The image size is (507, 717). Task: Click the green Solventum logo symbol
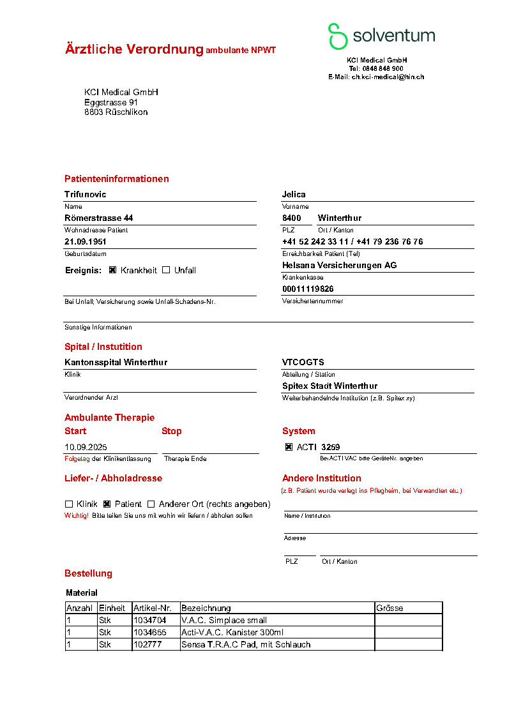337,36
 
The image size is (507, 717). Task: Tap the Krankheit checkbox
112,270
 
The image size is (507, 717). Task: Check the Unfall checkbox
166,270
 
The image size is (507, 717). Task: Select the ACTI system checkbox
289,448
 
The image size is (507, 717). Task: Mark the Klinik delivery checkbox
69,504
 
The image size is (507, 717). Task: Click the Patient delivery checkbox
107,504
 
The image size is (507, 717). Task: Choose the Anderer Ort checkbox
151,504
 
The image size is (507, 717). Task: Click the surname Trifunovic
86,194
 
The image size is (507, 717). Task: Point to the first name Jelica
294,194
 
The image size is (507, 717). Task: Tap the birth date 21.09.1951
86,242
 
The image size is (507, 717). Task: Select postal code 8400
292,218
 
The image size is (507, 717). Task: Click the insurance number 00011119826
308,289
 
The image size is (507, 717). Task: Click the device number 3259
331,448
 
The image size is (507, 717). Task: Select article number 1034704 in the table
149,620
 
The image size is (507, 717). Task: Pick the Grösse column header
390,608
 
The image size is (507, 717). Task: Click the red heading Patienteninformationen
117,179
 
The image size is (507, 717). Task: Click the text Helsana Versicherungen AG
339,265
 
